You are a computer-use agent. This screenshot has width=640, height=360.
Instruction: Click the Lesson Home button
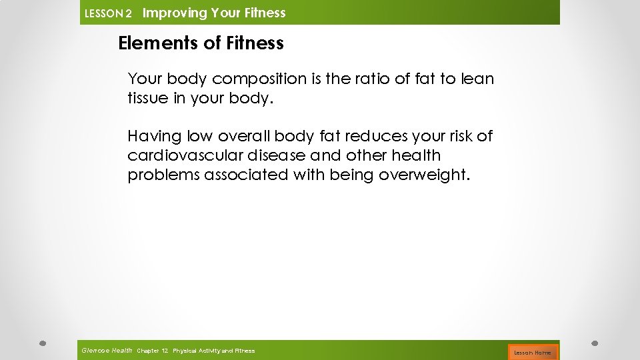[x=532, y=352]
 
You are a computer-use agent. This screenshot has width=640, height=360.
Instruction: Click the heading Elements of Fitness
[x=201, y=44]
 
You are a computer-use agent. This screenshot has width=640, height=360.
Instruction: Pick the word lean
[x=478, y=79]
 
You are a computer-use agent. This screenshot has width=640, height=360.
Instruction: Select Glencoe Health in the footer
[x=107, y=351]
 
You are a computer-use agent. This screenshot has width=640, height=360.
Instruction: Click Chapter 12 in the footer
[x=152, y=351]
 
